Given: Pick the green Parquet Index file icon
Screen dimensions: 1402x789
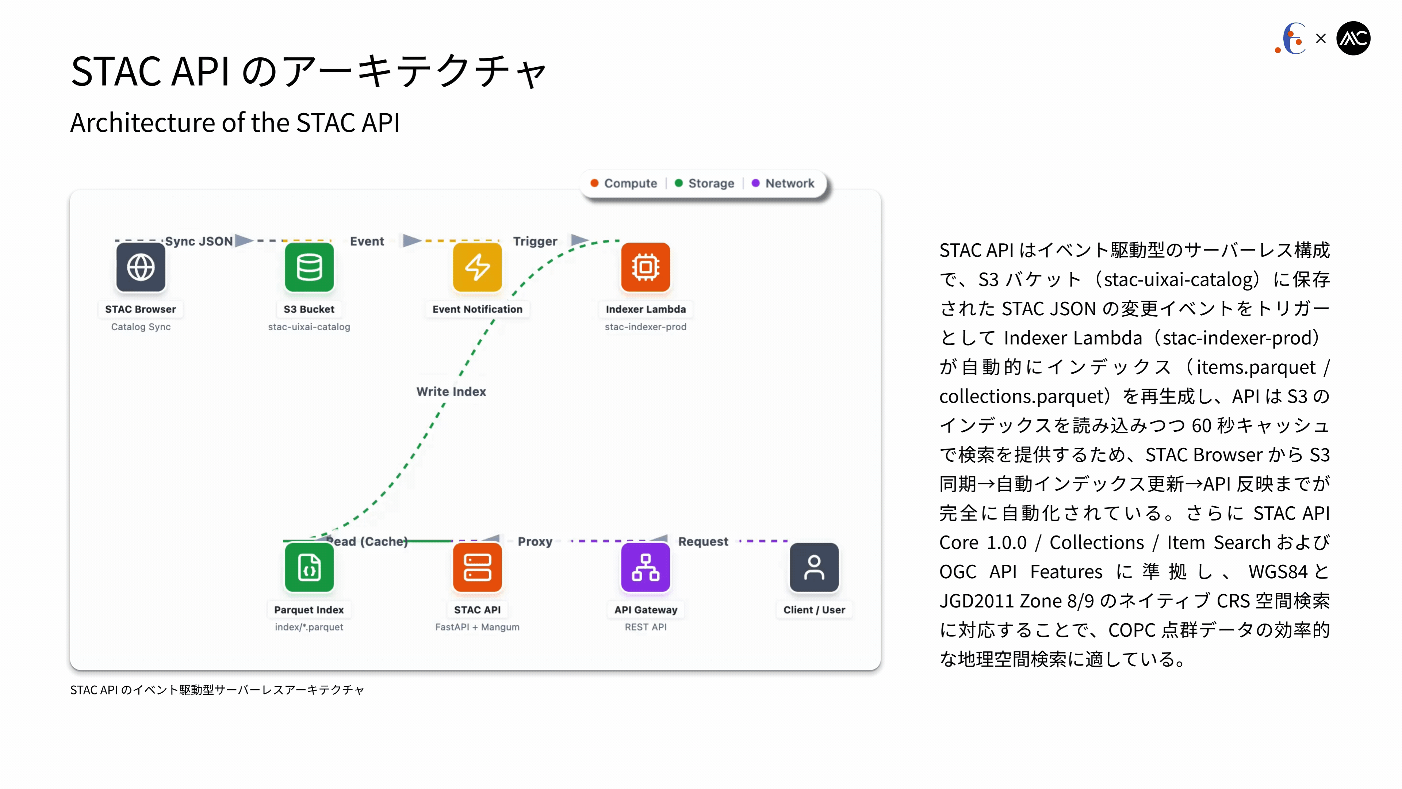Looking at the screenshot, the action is click(x=309, y=567).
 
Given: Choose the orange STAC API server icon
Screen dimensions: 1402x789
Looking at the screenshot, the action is click(x=477, y=567).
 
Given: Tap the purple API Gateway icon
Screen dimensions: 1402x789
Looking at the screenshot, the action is click(x=646, y=567).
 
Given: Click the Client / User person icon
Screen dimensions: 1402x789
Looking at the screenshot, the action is click(x=814, y=567).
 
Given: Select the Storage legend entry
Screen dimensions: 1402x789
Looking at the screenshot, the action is click(x=704, y=183).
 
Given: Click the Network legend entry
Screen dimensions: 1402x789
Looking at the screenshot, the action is click(x=783, y=183).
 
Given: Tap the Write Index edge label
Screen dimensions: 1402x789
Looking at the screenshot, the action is click(x=451, y=392).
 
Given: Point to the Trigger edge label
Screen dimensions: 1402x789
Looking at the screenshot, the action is click(x=535, y=241).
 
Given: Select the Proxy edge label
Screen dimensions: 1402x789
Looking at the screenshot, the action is click(x=535, y=541).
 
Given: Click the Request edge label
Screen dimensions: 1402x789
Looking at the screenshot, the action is click(x=703, y=541).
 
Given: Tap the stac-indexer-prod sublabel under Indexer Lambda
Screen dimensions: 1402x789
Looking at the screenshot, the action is click(x=646, y=327).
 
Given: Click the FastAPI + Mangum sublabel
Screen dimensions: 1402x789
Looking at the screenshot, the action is click(x=477, y=627).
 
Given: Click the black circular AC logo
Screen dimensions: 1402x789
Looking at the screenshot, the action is click(x=1353, y=38).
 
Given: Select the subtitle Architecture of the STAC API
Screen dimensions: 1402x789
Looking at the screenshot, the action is click(x=235, y=122).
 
